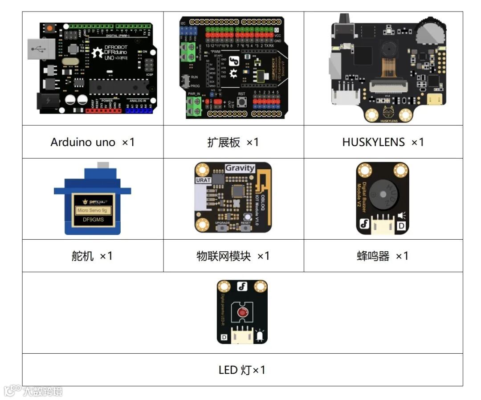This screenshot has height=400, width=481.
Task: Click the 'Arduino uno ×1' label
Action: tap(93, 142)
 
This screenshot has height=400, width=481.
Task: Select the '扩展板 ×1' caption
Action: tap(233, 142)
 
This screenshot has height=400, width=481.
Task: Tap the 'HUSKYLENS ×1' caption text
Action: tap(383, 142)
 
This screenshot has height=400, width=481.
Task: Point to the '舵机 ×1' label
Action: tap(92, 256)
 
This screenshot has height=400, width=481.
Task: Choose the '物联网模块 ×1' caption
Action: tap(233, 256)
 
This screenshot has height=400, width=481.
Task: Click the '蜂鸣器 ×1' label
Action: tap(383, 256)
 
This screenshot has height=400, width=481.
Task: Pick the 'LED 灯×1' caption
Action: tap(242, 370)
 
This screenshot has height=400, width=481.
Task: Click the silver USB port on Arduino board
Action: tap(41, 49)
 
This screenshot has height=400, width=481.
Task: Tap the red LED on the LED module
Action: tap(242, 312)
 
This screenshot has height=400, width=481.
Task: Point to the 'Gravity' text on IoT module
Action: tap(240, 168)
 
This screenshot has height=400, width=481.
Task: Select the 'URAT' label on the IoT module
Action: tap(203, 180)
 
